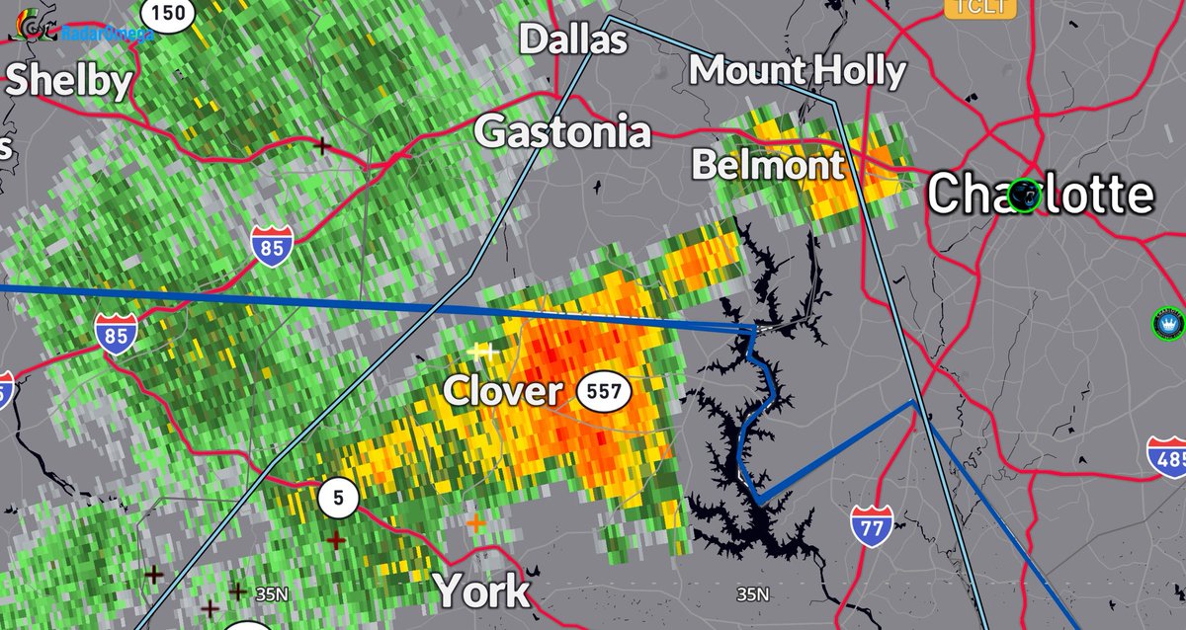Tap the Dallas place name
[573, 39]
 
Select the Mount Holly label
[797, 71]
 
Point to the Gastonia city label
[564, 131]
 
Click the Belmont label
[768, 165]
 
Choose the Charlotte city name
[1040, 195]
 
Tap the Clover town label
[502, 391]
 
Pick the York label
[482, 591]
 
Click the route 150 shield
[169, 12]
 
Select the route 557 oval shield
[604, 391]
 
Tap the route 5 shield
[338, 499]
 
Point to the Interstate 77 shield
[871, 524]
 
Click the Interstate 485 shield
[1166, 457]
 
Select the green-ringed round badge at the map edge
[1170, 324]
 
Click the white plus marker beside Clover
[482, 351]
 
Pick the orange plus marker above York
[476, 522]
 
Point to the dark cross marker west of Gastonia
[321, 145]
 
